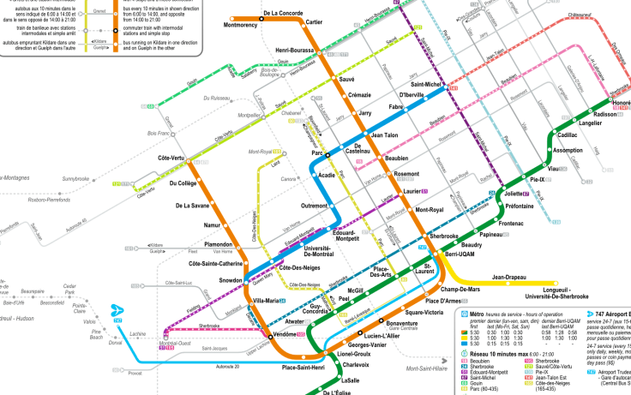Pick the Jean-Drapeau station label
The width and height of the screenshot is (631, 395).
(x=510, y=278)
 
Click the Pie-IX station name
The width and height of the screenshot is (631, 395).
(x=538, y=179)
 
